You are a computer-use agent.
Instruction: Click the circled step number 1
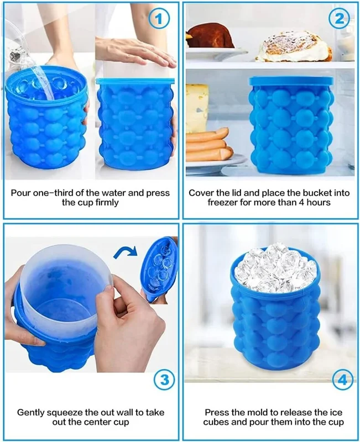click(159, 19)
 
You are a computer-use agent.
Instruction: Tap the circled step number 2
click(339, 19)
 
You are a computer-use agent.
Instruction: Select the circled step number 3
click(164, 380)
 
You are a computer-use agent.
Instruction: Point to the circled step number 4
click(342, 381)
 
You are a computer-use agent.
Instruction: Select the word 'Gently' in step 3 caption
click(30, 413)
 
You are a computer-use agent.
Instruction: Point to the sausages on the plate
click(209, 145)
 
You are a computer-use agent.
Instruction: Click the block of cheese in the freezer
click(197, 108)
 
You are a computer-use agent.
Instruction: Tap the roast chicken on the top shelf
click(210, 36)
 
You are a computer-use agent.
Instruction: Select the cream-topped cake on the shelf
click(294, 46)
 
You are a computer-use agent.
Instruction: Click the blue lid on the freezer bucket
click(291, 81)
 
